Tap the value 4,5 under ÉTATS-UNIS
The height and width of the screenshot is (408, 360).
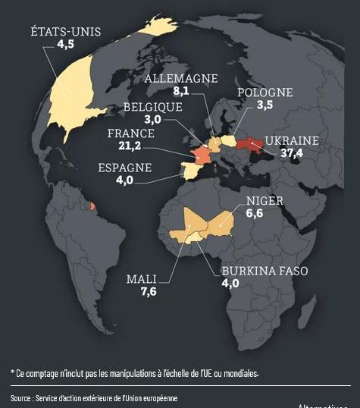66,45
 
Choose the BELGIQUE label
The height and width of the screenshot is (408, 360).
152,107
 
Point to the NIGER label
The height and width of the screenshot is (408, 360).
265,201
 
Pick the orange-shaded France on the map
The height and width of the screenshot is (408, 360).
202,152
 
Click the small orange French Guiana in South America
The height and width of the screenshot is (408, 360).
92,206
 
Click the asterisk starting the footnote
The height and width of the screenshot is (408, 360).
12,372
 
